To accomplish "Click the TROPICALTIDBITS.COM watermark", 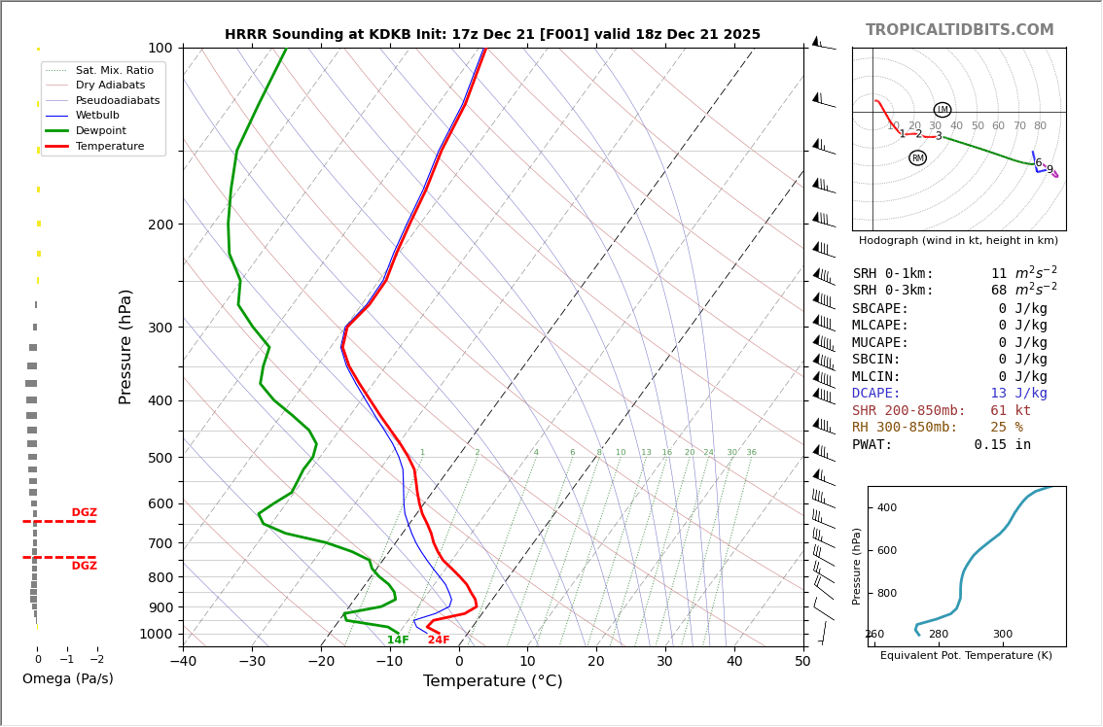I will [x=959, y=30].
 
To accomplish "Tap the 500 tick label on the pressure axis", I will [x=160, y=458].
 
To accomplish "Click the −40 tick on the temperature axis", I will [x=183, y=662].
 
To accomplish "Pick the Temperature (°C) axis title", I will [x=492, y=681].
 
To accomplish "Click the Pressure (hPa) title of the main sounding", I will [x=126, y=346].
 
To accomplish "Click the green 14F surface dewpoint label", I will [x=398, y=640].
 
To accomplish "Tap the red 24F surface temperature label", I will [x=439, y=640].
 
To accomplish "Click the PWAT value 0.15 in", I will [x=1002, y=445].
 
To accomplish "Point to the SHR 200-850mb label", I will [x=908, y=411].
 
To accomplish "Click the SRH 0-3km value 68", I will [x=999, y=291].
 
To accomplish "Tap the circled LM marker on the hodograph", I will [x=942, y=110].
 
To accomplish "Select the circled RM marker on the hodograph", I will [x=917, y=157].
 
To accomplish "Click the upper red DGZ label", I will [x=84, y=513].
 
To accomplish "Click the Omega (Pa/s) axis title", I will [x=68, y=679].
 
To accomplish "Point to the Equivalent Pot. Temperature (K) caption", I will [x=966, y=656].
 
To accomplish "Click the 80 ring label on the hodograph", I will [x=1040, y=126].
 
